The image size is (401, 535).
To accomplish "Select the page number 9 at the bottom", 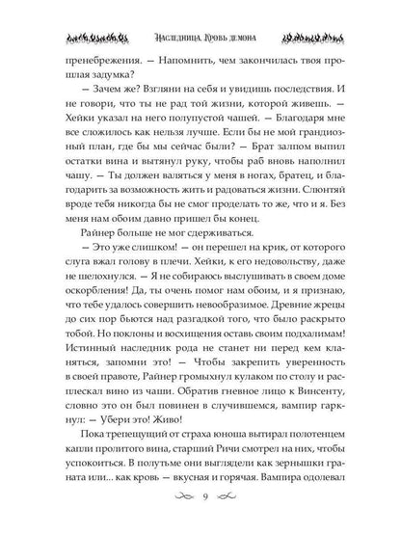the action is (200, 495).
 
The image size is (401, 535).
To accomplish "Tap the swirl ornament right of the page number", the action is (227, 495).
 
